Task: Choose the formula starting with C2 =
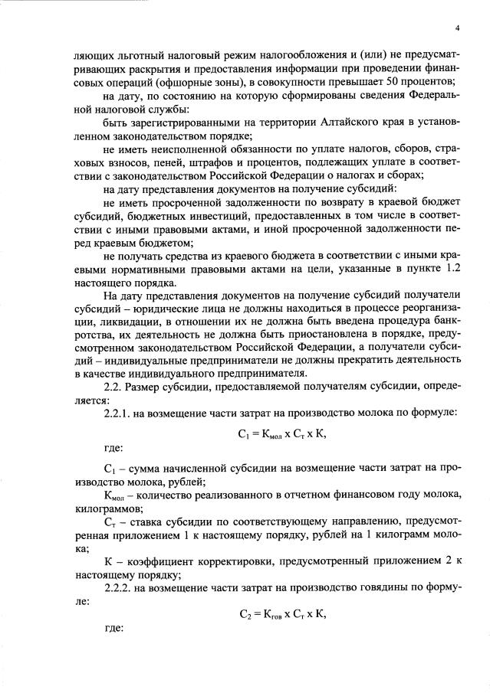282,610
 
